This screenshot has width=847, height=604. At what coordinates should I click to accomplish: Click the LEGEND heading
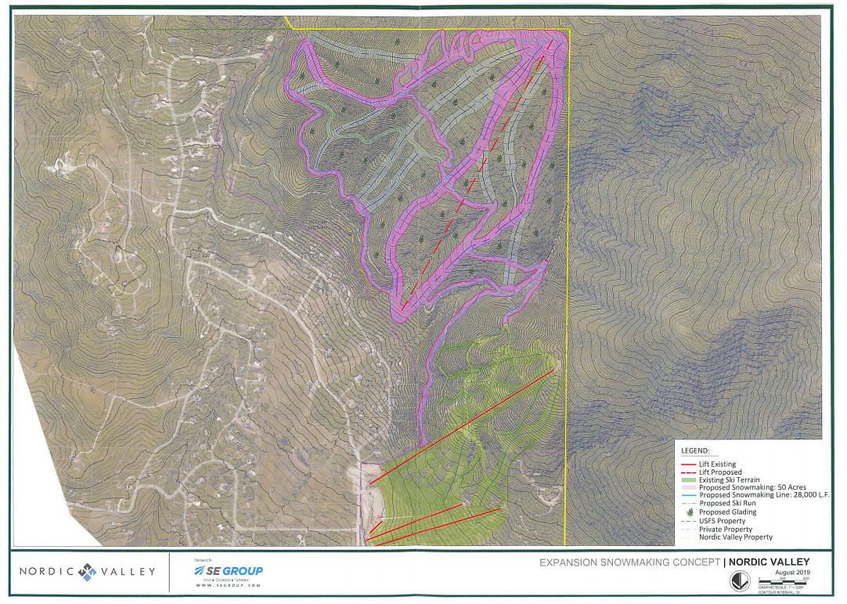pyautogui.click(x=696, y=451)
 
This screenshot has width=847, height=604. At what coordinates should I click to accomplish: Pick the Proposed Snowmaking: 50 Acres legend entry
pyautogui.click(x=751, y=487)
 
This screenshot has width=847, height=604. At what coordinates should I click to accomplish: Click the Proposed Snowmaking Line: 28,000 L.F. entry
pyautogui.click(x=763, y=495)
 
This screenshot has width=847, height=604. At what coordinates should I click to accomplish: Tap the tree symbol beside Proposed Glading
pyautogui.click(x=688, y=512)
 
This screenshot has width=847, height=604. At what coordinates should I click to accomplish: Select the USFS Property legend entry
pyautogui.click(x=722, y=521)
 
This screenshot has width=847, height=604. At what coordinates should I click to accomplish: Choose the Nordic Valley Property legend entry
pyautogui.click(x=735, y=537)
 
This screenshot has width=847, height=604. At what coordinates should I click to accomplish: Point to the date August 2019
pyautogui.click(x=791, y=573)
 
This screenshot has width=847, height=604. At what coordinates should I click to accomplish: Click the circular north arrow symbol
pyautogui.click(x=737, y=581)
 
